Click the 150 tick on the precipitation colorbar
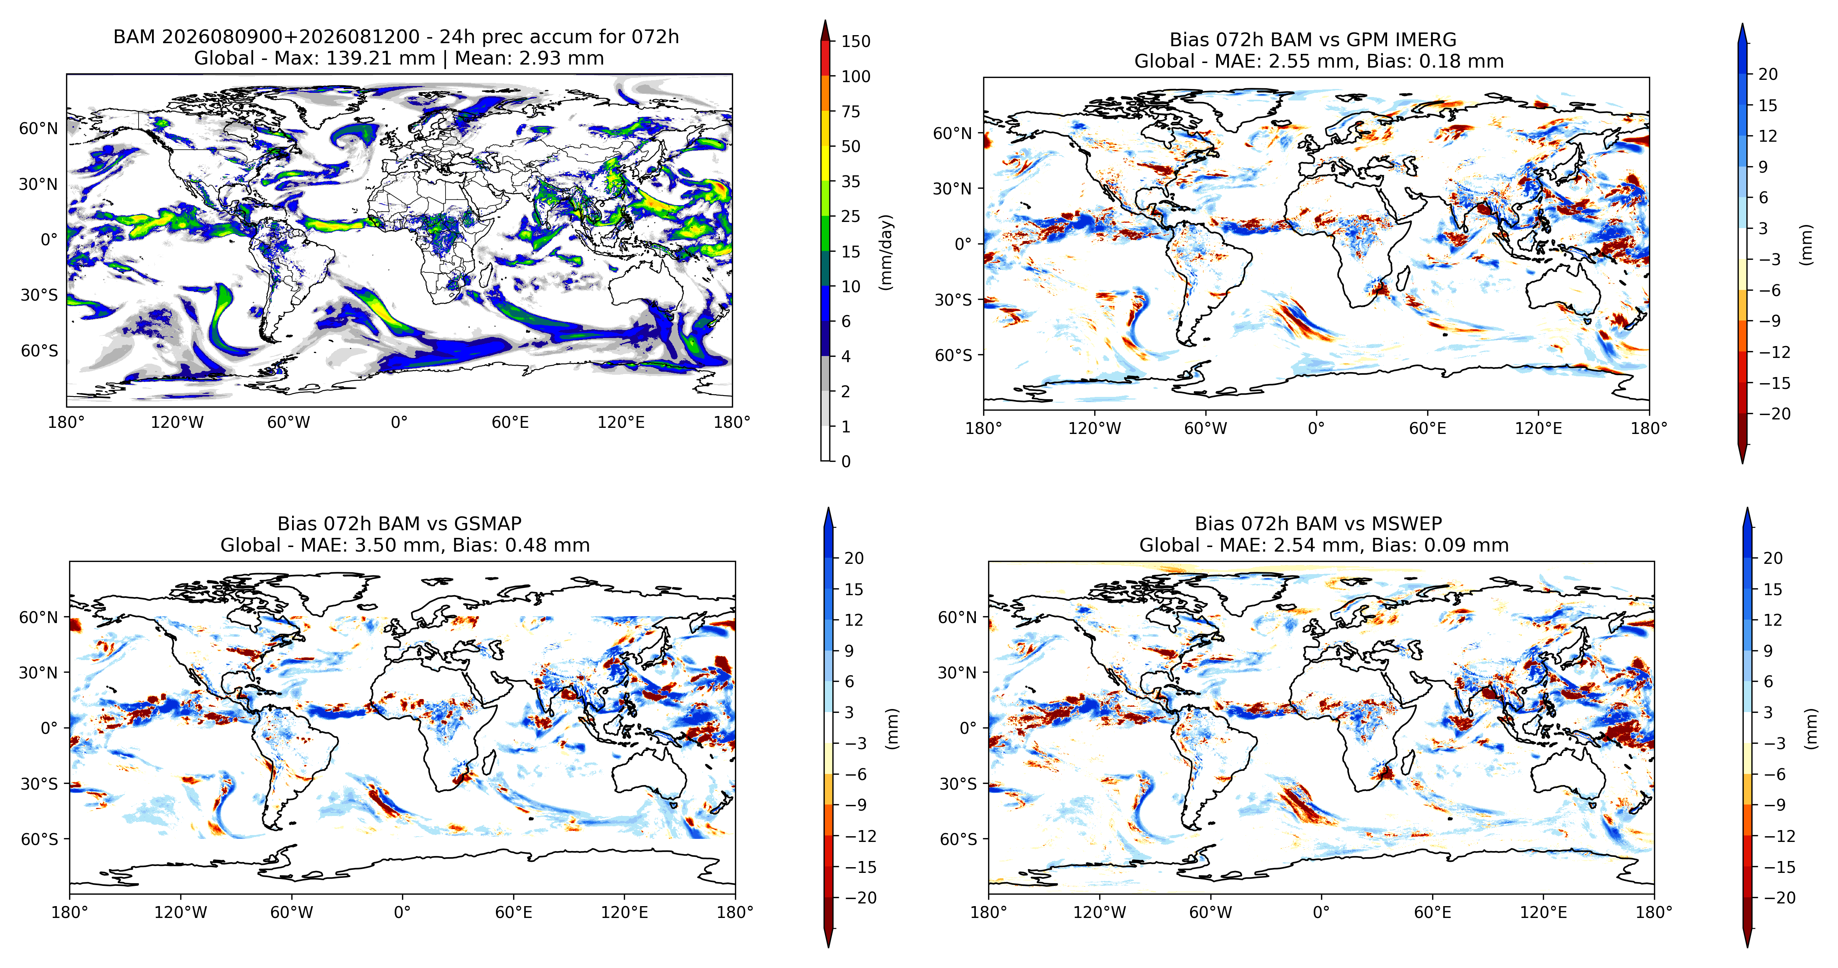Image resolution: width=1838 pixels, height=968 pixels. click(856, 41)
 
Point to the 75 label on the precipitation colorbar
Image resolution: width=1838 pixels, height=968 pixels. click(851, 112)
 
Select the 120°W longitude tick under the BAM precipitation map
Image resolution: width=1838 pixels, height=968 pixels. click(177, 422)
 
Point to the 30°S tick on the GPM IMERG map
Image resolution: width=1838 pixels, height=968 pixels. click(953, 300)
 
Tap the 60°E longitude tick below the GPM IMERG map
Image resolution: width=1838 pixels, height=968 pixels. click(1428, 428)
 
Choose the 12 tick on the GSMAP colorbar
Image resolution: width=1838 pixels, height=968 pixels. click(854, 620)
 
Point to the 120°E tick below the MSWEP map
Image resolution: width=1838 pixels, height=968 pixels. click(1543, 912)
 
